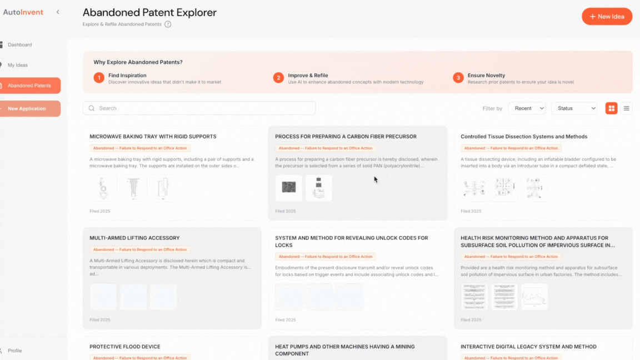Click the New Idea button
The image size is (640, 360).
point(607,17)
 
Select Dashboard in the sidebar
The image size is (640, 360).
point(19,44)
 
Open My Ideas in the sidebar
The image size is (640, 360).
point(17,65)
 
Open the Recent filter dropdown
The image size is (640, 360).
point(527,108)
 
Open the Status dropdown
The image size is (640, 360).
point(574,108)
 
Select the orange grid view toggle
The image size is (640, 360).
point(611,108)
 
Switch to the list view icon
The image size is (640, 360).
point(627,108)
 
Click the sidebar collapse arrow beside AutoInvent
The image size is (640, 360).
point(58,12)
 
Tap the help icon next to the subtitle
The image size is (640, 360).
point(168,24)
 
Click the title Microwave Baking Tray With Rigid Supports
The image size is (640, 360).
point(153,137)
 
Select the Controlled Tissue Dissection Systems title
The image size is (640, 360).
point(523,137)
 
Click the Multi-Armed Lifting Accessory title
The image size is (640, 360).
point(134,238)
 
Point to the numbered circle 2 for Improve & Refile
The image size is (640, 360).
point(278,78)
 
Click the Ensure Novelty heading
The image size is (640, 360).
point(486,76)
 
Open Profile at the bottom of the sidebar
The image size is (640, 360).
point(15,351)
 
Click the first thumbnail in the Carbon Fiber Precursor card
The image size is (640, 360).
point(289,188)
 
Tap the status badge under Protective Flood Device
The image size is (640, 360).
point(140,358)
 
